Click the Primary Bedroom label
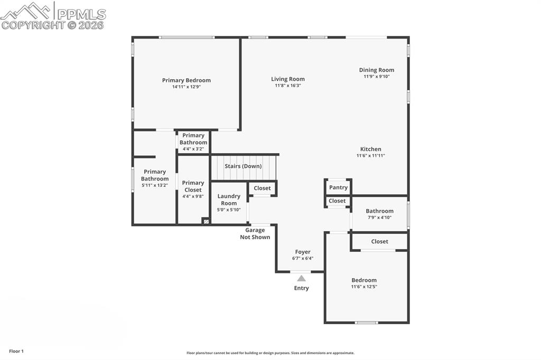tap(186, 80)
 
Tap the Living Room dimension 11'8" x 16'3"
tap(288, 86)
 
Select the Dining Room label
tap(376, 70)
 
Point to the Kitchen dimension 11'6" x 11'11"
tap(370, 156)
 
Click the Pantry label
tap(338, 187)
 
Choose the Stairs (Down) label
tap(243, 166)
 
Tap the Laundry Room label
tap(229, 200)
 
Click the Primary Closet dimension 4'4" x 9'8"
tap(193, 196)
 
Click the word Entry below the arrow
tap(301, 288)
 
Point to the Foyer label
tap(303, 252)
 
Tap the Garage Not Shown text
tap(255, 233)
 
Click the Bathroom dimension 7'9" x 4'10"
tap(379, 217)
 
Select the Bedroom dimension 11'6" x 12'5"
tap(364, 287)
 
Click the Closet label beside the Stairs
tap(262, 188)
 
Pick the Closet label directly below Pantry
tap(337, 201)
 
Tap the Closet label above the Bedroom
tap(379, 241)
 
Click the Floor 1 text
tap(16, 352)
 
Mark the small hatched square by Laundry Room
tap(206, 221)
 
